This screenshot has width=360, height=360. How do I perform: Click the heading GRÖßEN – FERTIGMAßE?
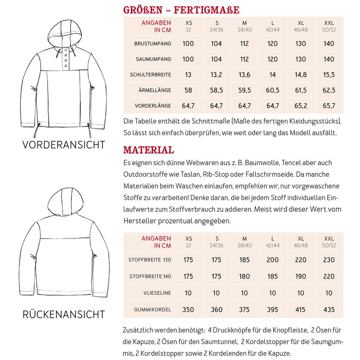click(181, 10)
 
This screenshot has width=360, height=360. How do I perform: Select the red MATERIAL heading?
click(148, 150)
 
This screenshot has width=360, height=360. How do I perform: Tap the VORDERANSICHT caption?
click(63, 145)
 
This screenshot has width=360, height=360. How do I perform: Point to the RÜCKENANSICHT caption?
click(63, 315)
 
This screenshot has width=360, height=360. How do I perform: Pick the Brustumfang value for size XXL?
click(329, 44)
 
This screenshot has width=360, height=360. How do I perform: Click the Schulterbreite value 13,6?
click(244, 75)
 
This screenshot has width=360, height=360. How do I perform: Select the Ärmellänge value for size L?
click(272, 90)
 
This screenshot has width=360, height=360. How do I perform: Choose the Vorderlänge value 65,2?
click(301, 106)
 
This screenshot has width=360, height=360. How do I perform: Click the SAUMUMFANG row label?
click(153, 59)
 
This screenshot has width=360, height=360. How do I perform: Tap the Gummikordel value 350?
click(188, 310)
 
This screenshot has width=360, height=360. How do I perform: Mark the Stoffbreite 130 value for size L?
click(272, 260)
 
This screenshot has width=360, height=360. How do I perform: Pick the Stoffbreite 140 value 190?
click(301, 276)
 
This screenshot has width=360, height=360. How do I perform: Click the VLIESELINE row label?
click(157, 293)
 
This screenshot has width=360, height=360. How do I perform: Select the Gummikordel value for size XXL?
click(329, 310)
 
